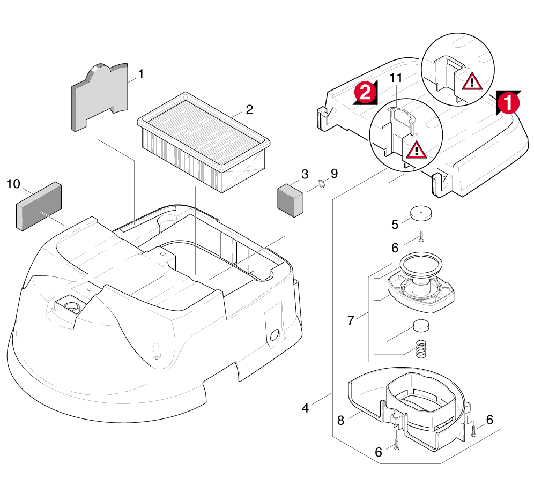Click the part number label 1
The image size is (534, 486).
[141, 74]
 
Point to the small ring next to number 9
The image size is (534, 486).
[321, 185]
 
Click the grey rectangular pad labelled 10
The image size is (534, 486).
[39, 206]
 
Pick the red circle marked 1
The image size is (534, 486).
[507, 102]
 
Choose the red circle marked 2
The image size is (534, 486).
[365, 93]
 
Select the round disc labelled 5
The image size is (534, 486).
[422, 213]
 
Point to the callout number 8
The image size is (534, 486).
[340, 421]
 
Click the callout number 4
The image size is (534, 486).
[305, 408]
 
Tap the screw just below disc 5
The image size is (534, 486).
[421, 236]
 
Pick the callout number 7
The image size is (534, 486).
[351, 320]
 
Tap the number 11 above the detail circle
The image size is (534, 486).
[396, 78]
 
